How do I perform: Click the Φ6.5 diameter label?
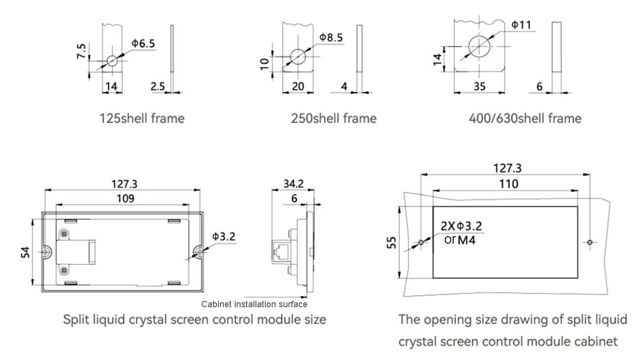click(x=143, y=44)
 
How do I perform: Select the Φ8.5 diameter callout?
click(x=331, y=37)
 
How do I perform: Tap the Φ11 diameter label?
click(x=521, y=25)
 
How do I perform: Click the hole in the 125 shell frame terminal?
click(x=112, y=61)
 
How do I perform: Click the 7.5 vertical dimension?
click(x=81, y=51)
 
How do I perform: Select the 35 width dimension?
click(x=479, y=86)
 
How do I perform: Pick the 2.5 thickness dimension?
click(x=158, y=86)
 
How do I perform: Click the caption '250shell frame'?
click(x=333, y=119)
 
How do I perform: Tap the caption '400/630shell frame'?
click(x=525, y=119)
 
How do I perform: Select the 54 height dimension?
click(x=27, y=252)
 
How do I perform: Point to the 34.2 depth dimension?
click(x=293, y=184)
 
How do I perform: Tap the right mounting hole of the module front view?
click(x=197, y=252)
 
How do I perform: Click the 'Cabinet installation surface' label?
click(x=254, y=304)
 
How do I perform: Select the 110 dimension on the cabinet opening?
click(x=508, y=184)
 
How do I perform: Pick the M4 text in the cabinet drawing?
click(x=467, y=241)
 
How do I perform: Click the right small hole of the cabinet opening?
click(x=590, y=243)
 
